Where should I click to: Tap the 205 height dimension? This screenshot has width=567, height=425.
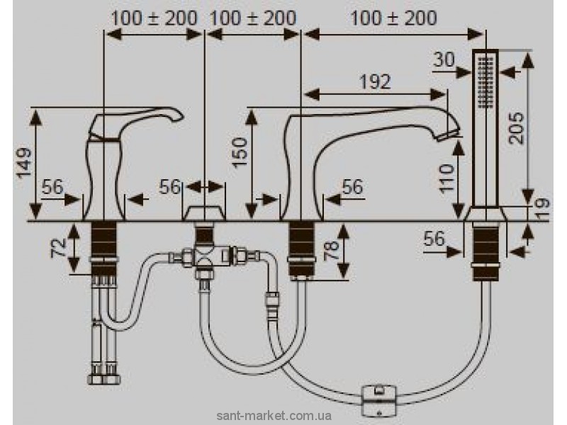pyautogui.click(x=519, y=128)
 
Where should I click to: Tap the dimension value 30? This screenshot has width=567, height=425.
pyautogui.click(x=444, y=60)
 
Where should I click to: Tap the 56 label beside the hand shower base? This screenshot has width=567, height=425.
pyautogui.click(x=435, y=239)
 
